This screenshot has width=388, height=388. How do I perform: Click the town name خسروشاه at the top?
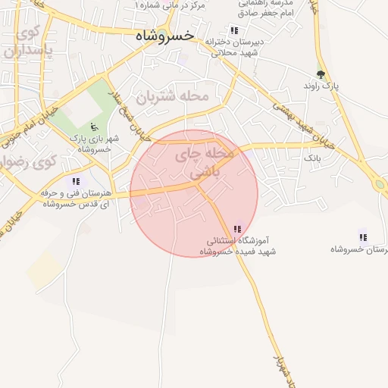tap(164, 36)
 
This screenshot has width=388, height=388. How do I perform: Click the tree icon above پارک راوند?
tap(321, 74)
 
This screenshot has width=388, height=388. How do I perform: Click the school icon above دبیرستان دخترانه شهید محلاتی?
tap(234, 30)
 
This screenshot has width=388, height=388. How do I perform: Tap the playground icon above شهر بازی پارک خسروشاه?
tap(94, 127)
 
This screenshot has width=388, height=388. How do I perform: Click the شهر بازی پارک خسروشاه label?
tap(90, 144)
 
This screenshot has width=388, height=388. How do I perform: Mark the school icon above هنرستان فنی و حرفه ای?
tap(75, 181)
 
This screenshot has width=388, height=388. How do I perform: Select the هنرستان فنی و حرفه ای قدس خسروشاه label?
tap(77, 199)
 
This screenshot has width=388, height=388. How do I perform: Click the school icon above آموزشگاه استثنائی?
tap(238, 228)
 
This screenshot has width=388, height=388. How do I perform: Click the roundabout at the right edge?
tap(380, 183)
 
